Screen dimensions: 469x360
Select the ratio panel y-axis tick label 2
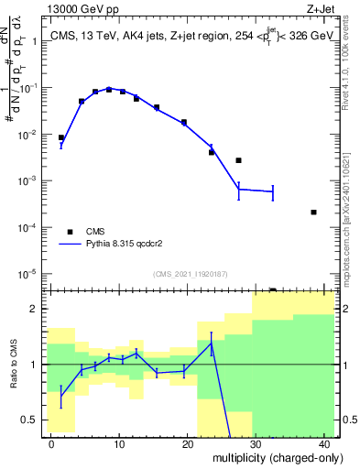(33, 310)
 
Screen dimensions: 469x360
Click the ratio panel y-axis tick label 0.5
(29, 420)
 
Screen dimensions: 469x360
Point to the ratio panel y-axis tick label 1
(33, 365)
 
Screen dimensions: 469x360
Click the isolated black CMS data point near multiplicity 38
(313, 212)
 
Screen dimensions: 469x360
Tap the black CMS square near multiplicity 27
(238, 160)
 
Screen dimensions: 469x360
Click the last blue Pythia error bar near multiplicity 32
(272, 191)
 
